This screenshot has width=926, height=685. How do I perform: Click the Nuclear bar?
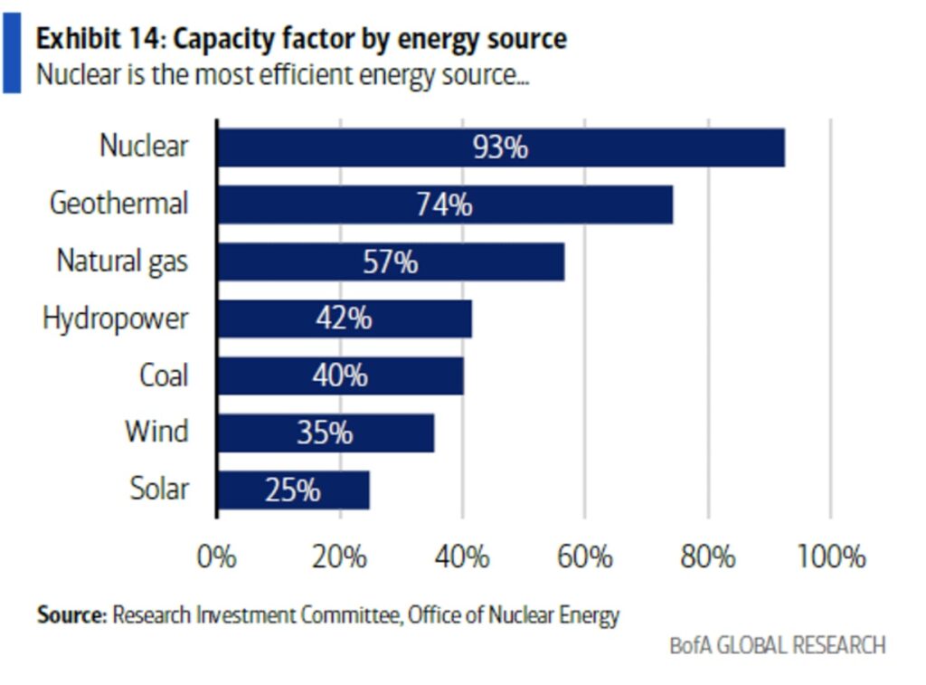[x=501, y=147]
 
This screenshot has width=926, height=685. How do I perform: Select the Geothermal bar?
[x=444, y=205]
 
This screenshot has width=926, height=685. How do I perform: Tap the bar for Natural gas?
[x=391, y=262]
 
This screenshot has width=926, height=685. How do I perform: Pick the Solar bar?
[x=293, y=490]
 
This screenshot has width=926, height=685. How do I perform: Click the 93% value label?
[x=500, y=147]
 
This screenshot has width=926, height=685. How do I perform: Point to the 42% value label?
[x=344, y=319]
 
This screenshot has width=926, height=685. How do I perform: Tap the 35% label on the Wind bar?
[x=325, y=433]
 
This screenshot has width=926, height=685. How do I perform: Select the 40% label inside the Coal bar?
[x=340, y=376]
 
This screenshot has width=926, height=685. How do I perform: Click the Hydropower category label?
[x=115, y=319]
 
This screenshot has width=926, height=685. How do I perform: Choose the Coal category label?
[x=164, y=376]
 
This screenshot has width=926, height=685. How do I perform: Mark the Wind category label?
[x=156, y=432]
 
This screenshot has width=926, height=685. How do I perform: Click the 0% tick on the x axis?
[x=217, y=556]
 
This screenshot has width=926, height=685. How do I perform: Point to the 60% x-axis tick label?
[x=585, y=556]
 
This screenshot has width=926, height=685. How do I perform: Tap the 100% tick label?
[x=831, y=556]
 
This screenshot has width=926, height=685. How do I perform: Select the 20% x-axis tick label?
[x=340, y=556]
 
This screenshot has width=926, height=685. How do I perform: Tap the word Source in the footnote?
[x=71, y=615]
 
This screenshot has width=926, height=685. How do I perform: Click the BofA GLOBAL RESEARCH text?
[x=778, y=645]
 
